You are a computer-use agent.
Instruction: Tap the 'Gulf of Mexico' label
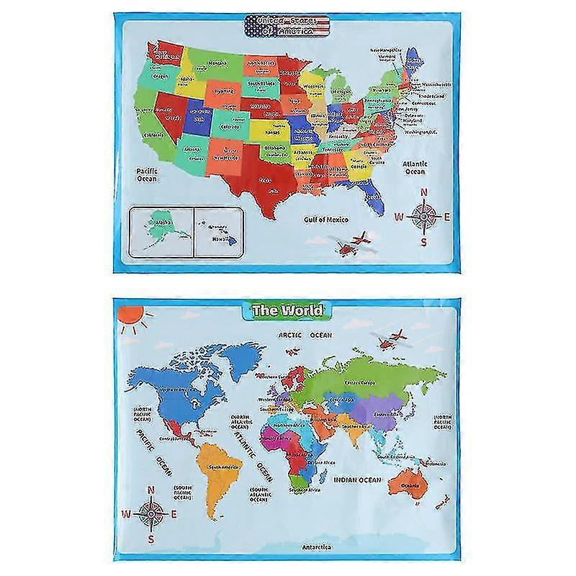pos(325,219)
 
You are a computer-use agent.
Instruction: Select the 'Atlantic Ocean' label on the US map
pos(415,168)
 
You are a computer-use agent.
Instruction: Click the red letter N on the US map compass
pos(424,192)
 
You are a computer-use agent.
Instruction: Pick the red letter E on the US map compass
pos(447,216)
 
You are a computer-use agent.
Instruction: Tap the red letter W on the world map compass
pos(127,513)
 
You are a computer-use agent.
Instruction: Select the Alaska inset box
pos(159,229)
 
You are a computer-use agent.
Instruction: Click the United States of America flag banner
pos(288,27)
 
